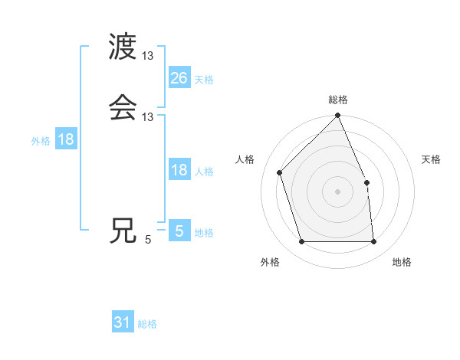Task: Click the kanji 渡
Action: pos(123,47)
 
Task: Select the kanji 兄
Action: pos(123,231)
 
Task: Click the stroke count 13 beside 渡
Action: pos(148,56)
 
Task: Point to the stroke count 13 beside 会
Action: pos(148,116)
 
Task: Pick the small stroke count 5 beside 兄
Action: pos(148,240)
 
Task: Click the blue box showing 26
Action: pos(179,78)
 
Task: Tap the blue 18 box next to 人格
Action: pos(179,170)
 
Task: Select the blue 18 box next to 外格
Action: pos(66,139)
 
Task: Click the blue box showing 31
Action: pos(123,323)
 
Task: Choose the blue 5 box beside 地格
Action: pos(179,231)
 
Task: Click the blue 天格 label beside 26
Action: pos(204,80)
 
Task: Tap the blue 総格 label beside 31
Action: pos(147,325)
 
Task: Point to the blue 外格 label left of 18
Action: pos(41,141)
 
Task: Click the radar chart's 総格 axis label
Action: pos(338,100)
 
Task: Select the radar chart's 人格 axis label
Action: pos(245,159)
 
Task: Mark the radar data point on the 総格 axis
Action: pos(338,116)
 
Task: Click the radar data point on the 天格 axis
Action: pos(366,182)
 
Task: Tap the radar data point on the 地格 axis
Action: pos(374,242)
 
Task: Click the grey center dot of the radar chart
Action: pos(338,191)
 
